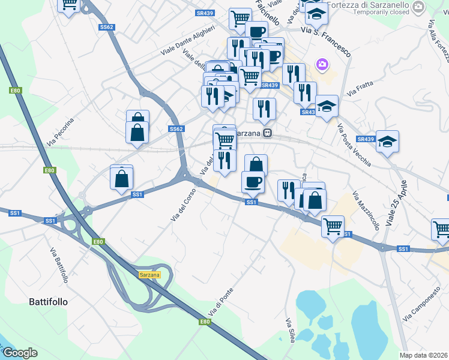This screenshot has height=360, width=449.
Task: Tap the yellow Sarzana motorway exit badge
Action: [x=149, y=274]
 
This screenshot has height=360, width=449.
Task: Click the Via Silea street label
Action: [x=289, y=330]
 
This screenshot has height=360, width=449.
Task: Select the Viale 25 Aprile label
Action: [x=397, y=203]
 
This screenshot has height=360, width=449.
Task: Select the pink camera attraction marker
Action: [x=322, y=64]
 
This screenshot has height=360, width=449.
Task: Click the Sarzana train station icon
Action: [x=270, y=133]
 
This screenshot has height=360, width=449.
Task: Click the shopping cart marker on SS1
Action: [x=333, y=227]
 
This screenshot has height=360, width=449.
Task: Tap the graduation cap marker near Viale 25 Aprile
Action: [x=388, y=142]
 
